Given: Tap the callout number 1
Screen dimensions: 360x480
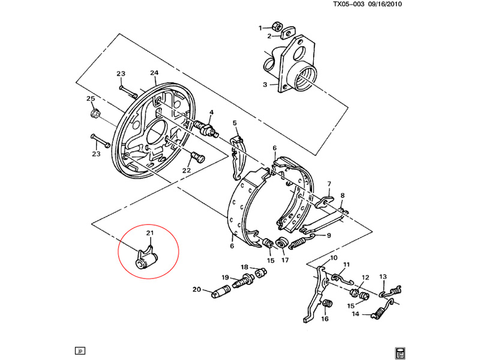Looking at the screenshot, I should tap(261, 28).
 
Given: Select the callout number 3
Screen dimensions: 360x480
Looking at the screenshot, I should tap(265, 85).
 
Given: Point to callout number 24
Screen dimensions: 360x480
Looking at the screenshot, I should tap(154, 73).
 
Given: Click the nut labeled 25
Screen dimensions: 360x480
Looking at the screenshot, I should tap(94, 112).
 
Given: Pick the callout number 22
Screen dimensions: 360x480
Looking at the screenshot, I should tap(187, 171).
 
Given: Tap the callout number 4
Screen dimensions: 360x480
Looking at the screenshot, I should tap(211, 112).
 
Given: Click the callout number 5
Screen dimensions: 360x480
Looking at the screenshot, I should tap(235, 123).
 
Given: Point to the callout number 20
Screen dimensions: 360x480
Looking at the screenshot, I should tap(196, 290).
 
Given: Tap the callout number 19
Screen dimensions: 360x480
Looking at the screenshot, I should tap(225, 277).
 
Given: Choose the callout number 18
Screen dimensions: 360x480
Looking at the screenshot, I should tap(245, 267).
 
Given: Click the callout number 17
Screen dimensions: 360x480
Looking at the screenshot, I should tap(285, 260).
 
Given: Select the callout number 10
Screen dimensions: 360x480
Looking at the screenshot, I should tap(334, 258).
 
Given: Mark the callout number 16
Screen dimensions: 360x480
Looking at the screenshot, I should tap(325, 319).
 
